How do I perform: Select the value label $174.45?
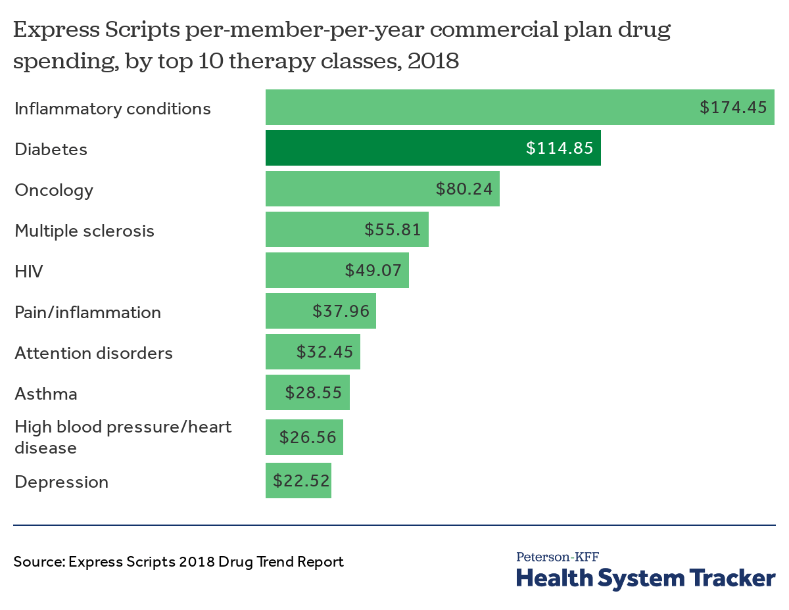point(733,107)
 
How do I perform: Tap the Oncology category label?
point(54,190)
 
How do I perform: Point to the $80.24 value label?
point(464,189)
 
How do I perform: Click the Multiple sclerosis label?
point(84,231)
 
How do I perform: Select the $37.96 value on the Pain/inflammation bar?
point(341,311)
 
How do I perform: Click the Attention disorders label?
point(93,353)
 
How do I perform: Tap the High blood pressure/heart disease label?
point(123,437)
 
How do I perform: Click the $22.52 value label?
point(301,481)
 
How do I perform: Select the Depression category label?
point(61,482)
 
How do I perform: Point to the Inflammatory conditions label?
point(112,108)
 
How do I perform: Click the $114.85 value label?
point(560,149)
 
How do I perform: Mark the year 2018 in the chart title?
point(433,60)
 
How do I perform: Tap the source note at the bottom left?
point(178,562)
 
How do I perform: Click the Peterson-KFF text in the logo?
point(558,557)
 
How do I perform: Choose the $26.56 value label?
point(308,437)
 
